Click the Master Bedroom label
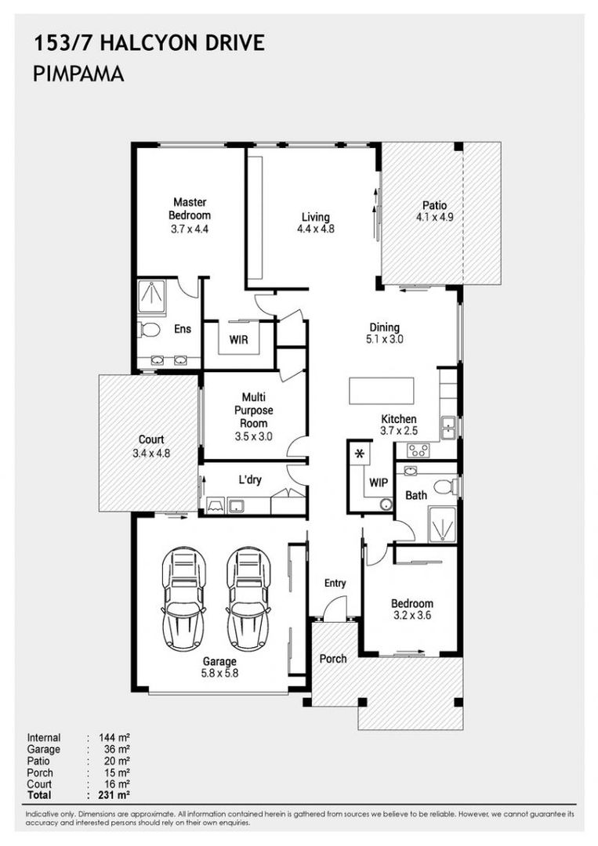pos(190,209)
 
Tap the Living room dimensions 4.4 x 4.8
pos(316,229)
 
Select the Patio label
pos(434,205)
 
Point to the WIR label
pos(238,340)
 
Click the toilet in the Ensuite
pos(148,329)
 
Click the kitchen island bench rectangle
pos(382,391)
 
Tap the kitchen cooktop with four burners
pos(419,450)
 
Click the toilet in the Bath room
pos(446,486)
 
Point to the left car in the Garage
pos(183,599)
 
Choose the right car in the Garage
pos(248,599)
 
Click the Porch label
pos(333,659)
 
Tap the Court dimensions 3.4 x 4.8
pos(151,454)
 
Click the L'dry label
pos(249,479)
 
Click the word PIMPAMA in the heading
pos(79,74)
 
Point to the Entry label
pos(335,584)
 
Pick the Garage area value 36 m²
pos(117,749)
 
